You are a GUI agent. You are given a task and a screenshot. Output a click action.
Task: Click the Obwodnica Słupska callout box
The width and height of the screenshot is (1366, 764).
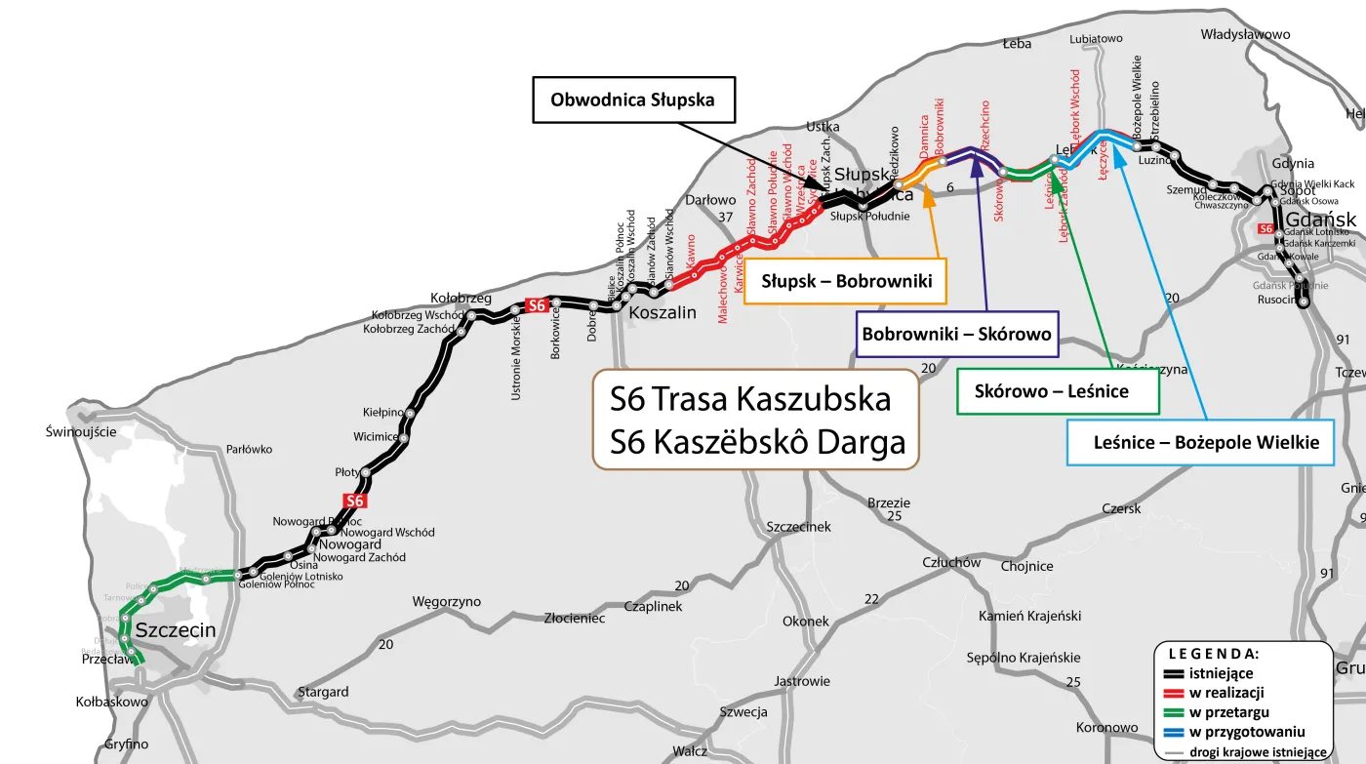(x=632, y=100)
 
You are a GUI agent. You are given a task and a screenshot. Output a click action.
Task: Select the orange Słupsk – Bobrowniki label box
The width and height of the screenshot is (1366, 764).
(x=846, y=282)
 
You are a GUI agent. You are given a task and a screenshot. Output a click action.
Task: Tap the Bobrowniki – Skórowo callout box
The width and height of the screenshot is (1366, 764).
(x=956, y=335)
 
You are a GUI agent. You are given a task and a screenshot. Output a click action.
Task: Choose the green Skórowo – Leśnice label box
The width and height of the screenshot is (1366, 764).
(x=1051, y=391)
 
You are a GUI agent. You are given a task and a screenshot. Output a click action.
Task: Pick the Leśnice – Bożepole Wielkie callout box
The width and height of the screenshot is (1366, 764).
(x=1199, y=442)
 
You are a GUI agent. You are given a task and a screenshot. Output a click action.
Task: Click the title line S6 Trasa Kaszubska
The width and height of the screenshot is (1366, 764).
(x=750, y=399)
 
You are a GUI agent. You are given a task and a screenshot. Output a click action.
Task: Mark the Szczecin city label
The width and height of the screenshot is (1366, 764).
(x=176, y=630)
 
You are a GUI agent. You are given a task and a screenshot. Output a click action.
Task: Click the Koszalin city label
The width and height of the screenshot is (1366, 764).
(x=663, y=313)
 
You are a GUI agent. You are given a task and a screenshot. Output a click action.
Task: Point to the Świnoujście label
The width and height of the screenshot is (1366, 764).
(x=81, y=431)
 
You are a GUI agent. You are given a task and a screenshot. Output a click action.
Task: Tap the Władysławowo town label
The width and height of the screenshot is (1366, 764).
(x=1245, y=35)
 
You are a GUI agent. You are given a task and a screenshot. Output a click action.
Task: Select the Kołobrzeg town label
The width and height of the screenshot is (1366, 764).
(x=462, y=298)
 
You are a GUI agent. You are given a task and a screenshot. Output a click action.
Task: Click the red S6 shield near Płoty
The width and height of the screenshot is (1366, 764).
(x=355, y=501)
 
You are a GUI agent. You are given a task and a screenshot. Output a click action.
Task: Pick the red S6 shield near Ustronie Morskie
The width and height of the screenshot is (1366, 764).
(x=536, y=305)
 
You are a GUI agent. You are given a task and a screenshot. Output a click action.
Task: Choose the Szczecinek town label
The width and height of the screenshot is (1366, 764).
(x=799, y=527)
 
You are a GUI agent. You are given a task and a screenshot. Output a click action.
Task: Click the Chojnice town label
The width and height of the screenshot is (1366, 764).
(x=1026, y=566)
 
